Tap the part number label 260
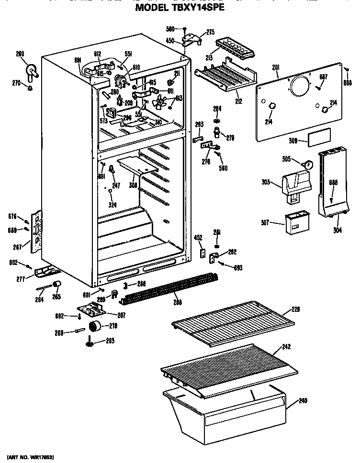pos(20,54)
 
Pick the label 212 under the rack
pos(238,101)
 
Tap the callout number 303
pos(266,182)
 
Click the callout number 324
pos(112,205)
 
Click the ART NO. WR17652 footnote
pos(30,458)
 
